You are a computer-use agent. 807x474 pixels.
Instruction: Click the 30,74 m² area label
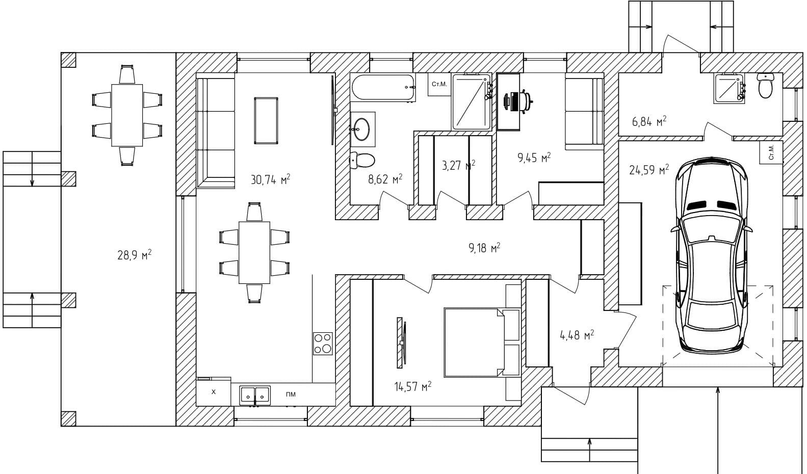tap(270, 179)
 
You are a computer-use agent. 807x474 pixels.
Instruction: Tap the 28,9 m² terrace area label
tap(135, 255)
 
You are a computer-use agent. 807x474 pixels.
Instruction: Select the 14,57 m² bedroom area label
tap(412, 386)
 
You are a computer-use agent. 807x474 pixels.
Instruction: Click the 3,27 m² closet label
tap(458, 165)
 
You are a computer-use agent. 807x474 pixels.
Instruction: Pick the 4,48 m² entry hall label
tap(577, 335)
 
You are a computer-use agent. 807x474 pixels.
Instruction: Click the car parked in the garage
tap(711, 255)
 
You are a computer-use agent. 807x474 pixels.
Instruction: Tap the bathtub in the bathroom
tap(383, 88)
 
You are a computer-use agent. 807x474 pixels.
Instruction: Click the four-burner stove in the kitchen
tap(323, 344)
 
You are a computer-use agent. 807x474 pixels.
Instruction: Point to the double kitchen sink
tap(255, 394)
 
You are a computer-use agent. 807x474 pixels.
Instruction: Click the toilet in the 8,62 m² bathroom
tap(363, 161)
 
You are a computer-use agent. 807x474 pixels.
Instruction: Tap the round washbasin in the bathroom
tap(362, 129)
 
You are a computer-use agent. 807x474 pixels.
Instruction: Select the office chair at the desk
tap(518, 100)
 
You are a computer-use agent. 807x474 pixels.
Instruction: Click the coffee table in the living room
tap(266, 120)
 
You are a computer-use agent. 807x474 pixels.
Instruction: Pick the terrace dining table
tap(127, 115)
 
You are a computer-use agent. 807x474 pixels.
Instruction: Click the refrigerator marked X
tap(214, 392)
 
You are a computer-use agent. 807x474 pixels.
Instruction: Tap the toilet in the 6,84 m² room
tap(766, 86)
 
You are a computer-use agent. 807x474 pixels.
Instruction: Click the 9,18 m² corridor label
tap(484, 248)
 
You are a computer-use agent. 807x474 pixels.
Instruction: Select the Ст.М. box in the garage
tap(770, 152)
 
